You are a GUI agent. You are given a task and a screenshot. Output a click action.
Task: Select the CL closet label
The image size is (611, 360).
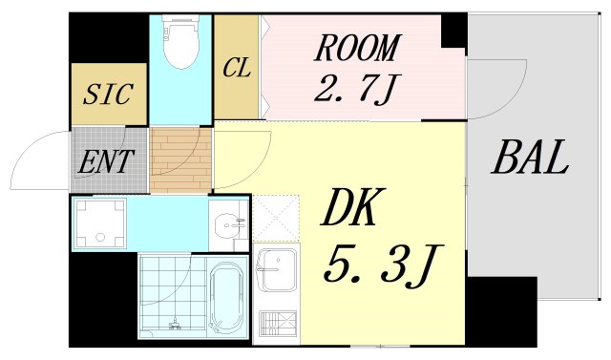pyautogui.click(x=237, y=69)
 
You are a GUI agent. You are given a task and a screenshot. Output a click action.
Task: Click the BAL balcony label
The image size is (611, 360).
pyautogui.click(x=530, y=158)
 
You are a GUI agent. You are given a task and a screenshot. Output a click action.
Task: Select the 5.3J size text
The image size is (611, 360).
pyautogui.click(x=380, y=265)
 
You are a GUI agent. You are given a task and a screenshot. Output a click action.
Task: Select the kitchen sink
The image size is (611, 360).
pyautogui.click(x=276, y=269)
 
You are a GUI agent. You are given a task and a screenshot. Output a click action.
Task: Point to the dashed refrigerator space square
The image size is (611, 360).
pyautogui.click(x=275, y=219)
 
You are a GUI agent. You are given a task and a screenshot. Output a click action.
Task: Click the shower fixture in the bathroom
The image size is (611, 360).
pyautogui.click(x=174, y=325)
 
